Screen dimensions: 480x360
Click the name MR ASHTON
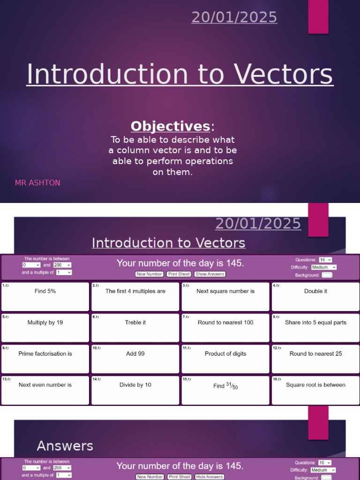pyautogui.click(x=37, y=183)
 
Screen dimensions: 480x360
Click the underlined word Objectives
pyautogui.click(x=170, y=126)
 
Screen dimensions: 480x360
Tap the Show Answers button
pyautogui.click(x=210, y=274)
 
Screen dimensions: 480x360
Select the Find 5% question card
pyautogui.click(x=45, y=296)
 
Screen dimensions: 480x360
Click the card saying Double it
pyautogui.click(x=315, y=296)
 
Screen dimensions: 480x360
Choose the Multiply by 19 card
pyautogui.click(x=45, y=328)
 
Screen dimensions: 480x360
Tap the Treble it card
pyautogui.click(x=135, y=328)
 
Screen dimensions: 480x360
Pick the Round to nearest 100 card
pyautogui.click(x=225, y=328)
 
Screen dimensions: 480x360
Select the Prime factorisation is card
pyautogui.click(x=45, y=359)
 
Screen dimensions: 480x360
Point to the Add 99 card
pyautogui.click(x=135, y=359)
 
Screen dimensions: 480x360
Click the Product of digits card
pyautogui.click(x=225, y=359)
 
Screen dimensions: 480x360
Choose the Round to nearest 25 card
pyautogui.click(x=315, y=359)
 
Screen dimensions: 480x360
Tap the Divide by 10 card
pyautogui.click(x=135, y=390)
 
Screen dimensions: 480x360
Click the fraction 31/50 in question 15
pyautogui.click(x=232, y=386)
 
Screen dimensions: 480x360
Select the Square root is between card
pyautogui.click(x=315, y=390)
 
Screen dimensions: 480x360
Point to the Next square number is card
pyautogui.click(x=225, y=296)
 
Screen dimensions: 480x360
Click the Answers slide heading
pyautogui.click(x=65, y=446)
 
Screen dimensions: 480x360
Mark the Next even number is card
pyautogui.click(x=45, y=390)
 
